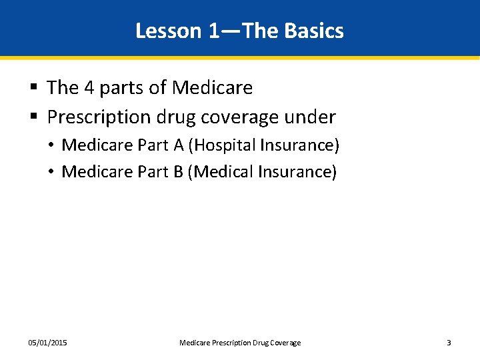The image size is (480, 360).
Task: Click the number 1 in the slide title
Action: coord(213,31)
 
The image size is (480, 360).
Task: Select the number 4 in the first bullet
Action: coord(89,87)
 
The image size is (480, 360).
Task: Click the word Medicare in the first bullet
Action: coord(212,87)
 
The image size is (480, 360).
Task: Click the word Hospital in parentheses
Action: coord(223,145)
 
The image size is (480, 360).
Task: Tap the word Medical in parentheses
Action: coord(222,172)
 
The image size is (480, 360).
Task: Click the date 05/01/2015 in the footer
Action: coord(47,343)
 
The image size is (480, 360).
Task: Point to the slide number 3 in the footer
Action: coord(449,343)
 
